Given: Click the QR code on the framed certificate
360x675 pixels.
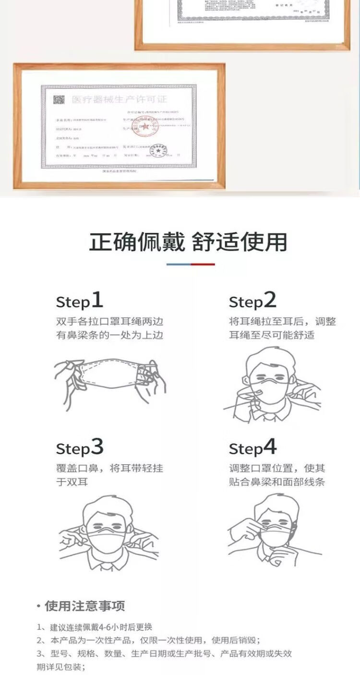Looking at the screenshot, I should coord(59,100).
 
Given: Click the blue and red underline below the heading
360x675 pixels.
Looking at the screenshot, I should coord(191,264).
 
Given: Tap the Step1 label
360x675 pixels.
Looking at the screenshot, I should coord(80,301).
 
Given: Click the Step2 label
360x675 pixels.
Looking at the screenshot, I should coord(253,301).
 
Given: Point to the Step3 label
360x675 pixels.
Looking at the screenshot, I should coord(80,447).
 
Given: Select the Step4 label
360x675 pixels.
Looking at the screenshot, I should coord(253,447).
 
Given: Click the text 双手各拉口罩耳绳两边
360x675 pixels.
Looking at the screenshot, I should coord(109,321).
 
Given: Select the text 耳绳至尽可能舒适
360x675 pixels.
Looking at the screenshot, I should coord(272,335).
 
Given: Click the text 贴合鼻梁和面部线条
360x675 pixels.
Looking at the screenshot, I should coord(277,482).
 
